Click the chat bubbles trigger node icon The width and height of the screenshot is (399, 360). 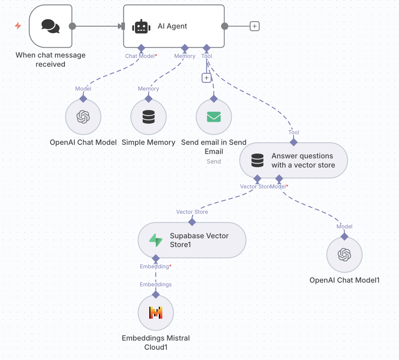[50, 26]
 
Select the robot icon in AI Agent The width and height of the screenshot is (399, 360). [141, 26]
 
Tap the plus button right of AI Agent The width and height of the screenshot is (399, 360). [255, 26]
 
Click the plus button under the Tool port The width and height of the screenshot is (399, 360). [206, 78]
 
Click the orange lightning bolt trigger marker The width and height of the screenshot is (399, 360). [18, 26]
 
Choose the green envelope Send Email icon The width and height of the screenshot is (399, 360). [214, 117]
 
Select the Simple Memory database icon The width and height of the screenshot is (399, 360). [149, 117]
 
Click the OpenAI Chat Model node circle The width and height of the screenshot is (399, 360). [83, 117]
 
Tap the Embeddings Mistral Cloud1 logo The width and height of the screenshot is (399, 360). [155, 312]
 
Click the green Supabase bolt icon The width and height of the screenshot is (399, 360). [155, 240]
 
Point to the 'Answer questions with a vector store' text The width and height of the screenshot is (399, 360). [303, 161]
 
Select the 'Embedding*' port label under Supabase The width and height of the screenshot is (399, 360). [155, 267]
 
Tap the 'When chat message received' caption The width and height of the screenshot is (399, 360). [51, 60]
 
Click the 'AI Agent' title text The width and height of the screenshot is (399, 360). [172, 26]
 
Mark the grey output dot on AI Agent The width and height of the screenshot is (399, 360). [225, 26]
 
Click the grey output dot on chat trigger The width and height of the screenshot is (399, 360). [72, 26]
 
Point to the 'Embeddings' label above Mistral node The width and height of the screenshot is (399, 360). [155, 284]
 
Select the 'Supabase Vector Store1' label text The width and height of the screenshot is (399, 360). [199, 240]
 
